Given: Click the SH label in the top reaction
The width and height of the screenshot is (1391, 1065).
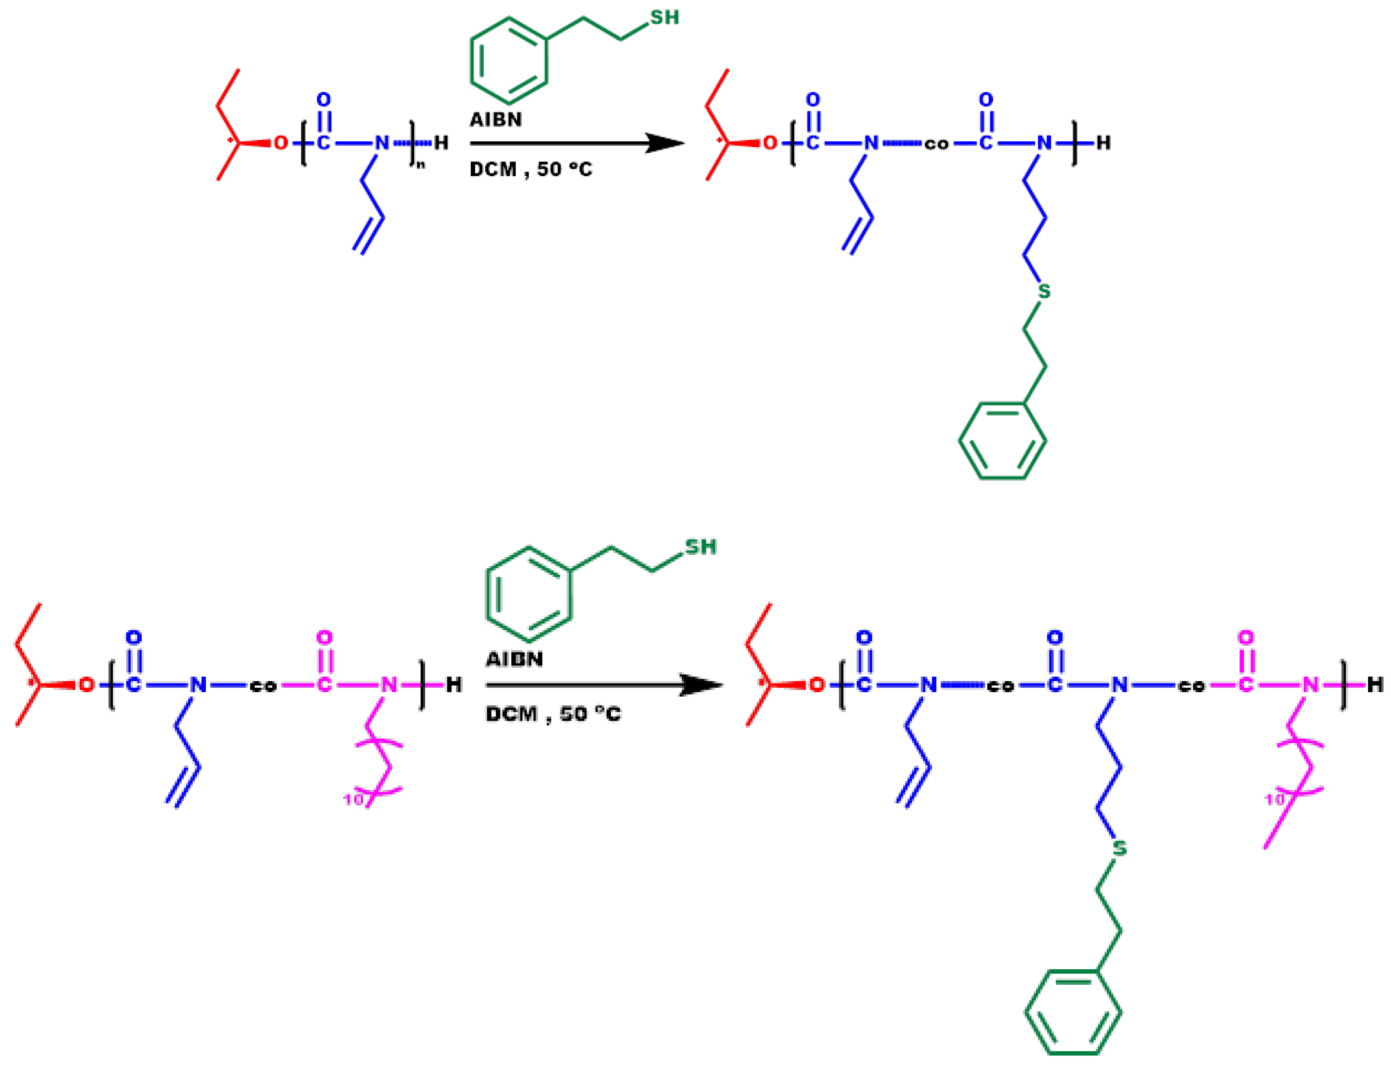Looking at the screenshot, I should [664, 18].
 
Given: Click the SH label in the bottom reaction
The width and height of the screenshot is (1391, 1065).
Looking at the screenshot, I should [700, 547].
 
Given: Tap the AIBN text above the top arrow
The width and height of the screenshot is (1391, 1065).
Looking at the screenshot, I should [495, 120].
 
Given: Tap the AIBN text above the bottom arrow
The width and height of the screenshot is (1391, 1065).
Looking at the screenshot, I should [514, 659].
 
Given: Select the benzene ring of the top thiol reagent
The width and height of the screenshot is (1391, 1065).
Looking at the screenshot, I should [508, 61].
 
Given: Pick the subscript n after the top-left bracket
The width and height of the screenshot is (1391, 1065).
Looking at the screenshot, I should [421, 166].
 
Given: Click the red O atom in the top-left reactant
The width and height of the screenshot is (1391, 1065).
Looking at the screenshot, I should [280, 143].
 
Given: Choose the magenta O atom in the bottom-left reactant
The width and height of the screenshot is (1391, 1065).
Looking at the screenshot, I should [324, 637].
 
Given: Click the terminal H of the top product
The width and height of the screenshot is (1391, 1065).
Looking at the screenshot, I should [1103, 143].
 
